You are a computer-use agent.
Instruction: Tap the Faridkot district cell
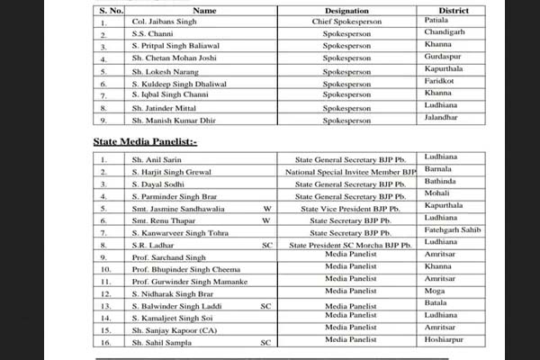(442, 80)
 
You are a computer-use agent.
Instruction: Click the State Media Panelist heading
(147, 142)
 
